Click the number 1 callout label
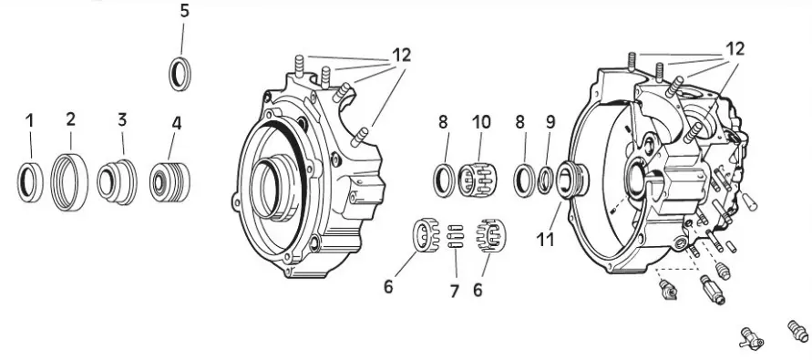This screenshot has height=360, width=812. click(x=29, y=121)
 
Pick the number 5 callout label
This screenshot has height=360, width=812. click(x=185, y=11)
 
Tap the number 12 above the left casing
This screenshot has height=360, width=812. click(x=401, y=55)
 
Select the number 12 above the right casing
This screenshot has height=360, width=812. click(x=735, y=49)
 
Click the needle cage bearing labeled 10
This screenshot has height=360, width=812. click(x=475, y=180)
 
